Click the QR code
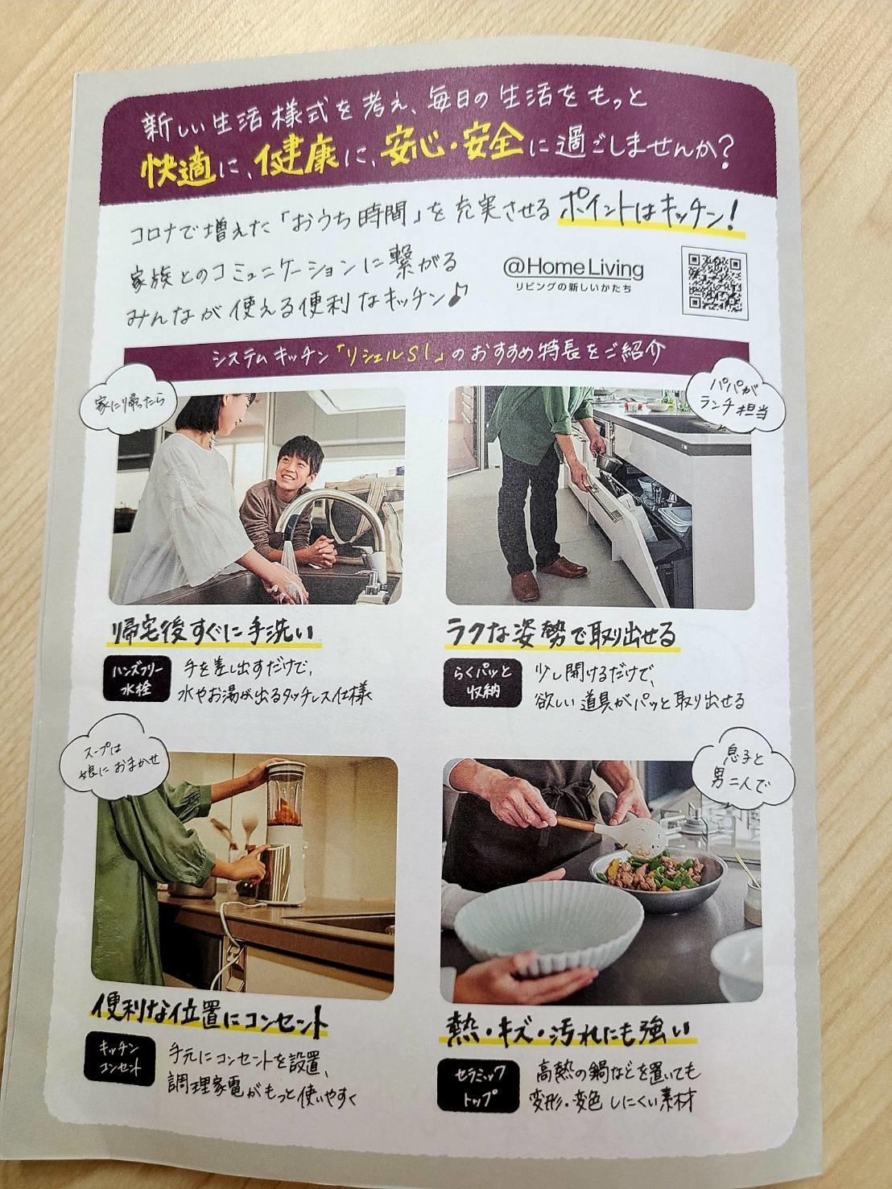coord(714,283)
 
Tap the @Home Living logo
coord(573,273)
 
